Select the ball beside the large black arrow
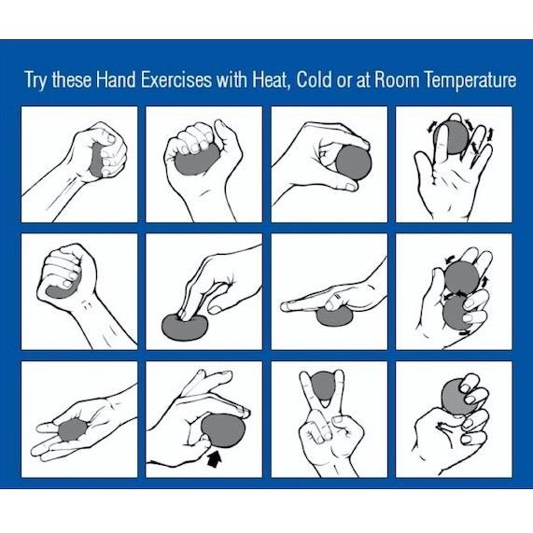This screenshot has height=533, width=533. tap(223, 430)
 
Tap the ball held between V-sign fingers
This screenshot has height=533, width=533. tap(322, 384)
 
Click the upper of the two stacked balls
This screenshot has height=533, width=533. tap(458, 276)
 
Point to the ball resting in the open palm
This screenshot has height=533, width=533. tap(72, 431)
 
